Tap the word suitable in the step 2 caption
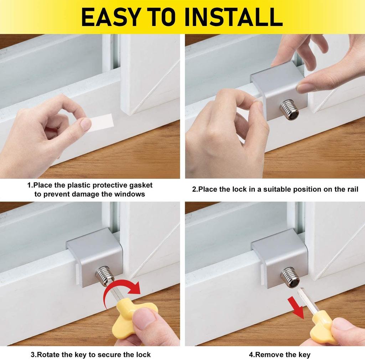click(277, 189)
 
